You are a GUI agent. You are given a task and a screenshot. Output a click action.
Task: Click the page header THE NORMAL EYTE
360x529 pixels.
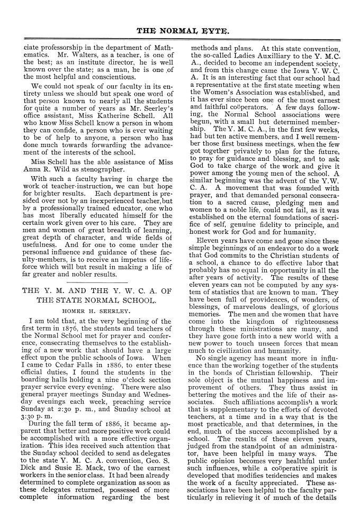180,31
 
